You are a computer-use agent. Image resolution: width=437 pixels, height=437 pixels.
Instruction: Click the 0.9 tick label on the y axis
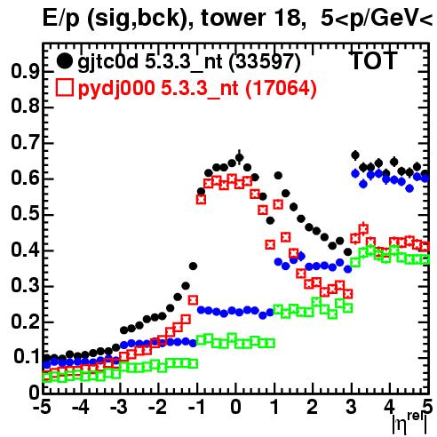click(25, 71)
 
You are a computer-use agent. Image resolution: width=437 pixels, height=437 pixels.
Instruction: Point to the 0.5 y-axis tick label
click(25, 214)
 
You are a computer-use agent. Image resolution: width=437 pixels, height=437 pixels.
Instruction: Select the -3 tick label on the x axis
click(119, 407)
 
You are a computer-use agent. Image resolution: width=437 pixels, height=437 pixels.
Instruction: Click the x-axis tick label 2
click(313, 407)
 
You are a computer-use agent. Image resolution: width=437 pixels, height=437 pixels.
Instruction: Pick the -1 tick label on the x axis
click(196, 407)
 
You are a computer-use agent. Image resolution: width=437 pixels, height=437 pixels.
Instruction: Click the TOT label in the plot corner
click(373, 61)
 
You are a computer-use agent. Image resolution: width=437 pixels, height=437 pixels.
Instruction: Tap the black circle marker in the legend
click(64, 61)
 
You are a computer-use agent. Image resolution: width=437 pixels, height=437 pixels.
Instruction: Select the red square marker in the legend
click(65, 87)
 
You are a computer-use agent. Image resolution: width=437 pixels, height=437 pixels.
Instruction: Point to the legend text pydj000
click(116, 89)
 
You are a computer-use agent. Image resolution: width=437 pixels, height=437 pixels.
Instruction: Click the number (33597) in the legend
click(265, 62)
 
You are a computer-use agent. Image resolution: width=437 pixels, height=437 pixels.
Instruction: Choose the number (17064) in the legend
click(282, 89)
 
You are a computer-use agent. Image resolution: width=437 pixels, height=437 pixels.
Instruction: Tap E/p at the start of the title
click(61, 19)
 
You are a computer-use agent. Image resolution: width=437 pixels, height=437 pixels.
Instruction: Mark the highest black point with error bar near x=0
click(239, 157)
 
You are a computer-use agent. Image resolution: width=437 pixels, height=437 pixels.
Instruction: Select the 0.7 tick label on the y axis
click(25, 143)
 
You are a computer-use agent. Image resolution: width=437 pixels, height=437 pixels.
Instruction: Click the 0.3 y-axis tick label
click(25, 286)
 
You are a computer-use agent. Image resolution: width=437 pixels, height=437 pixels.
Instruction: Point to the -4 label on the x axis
click(81, 407)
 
